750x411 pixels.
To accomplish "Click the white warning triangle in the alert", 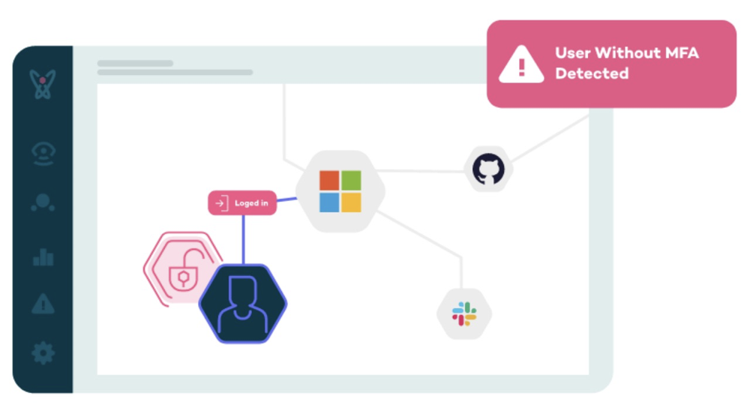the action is [521, 64].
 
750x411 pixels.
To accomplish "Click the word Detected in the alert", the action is [592, 73].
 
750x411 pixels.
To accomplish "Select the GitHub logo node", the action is [488, 169].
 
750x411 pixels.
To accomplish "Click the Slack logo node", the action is [464, 313].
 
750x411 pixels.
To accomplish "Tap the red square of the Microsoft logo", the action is [329, 181].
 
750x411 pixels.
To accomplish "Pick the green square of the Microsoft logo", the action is [351, 181].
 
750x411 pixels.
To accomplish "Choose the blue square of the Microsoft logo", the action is [329, 202].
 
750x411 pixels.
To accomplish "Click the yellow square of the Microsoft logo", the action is [351, 202].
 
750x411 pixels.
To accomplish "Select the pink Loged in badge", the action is [242, 202].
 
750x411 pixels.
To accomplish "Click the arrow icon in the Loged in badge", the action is [221, 202].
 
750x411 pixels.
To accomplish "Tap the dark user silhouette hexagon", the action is [243, 303].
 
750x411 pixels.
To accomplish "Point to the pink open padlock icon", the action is [184, 271].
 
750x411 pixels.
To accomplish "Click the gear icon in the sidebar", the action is [43, 353].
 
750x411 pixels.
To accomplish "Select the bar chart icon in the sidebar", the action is [43, 256].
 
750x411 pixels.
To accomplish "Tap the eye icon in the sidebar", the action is [43, 153].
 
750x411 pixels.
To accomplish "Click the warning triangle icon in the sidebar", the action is [43, 303].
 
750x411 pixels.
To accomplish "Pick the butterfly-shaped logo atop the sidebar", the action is [43, 84].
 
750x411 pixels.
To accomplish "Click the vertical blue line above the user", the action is [244, 240].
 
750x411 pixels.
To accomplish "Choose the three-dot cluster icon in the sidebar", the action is [43, 202].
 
